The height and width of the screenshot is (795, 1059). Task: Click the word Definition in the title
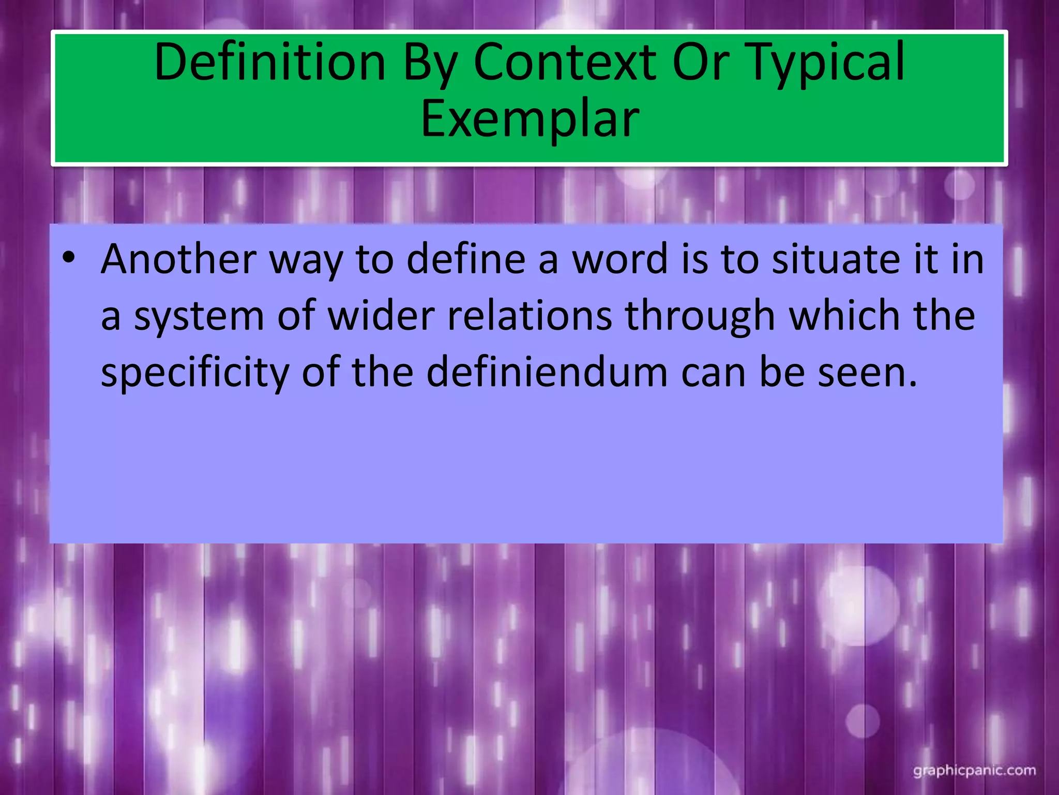[x=270, y=63]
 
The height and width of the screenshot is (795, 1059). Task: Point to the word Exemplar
[x=530, y=120]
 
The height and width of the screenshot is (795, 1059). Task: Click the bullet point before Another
[x=68, y=257]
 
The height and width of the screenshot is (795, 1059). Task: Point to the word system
[x=199, y=317]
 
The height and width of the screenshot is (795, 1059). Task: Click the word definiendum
[x=547, y=373]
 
